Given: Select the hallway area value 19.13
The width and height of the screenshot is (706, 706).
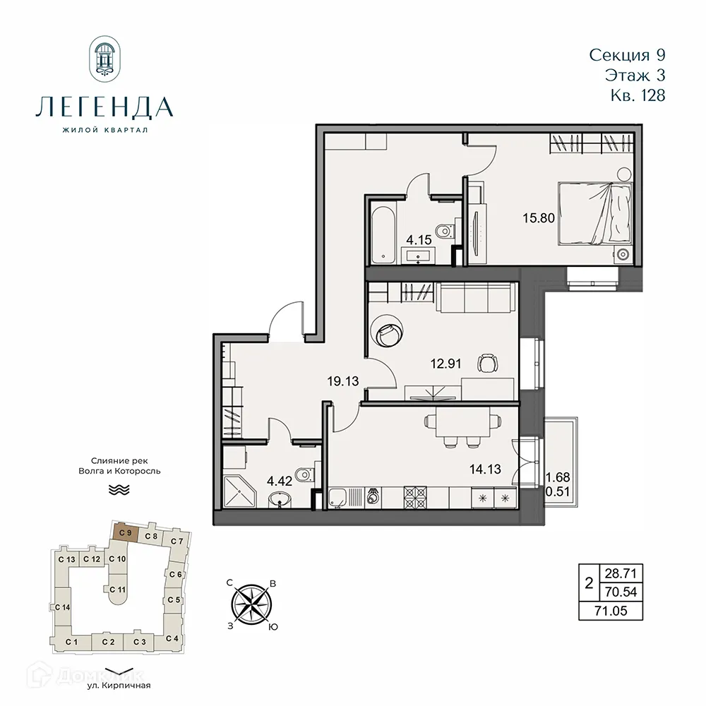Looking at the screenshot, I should [343, 381].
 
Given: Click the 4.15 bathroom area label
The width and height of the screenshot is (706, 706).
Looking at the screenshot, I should [418, 239].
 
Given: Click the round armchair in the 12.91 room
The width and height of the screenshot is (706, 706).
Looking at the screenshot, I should [388, 330].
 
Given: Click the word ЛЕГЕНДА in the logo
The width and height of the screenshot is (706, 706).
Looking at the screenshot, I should [104, 107].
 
